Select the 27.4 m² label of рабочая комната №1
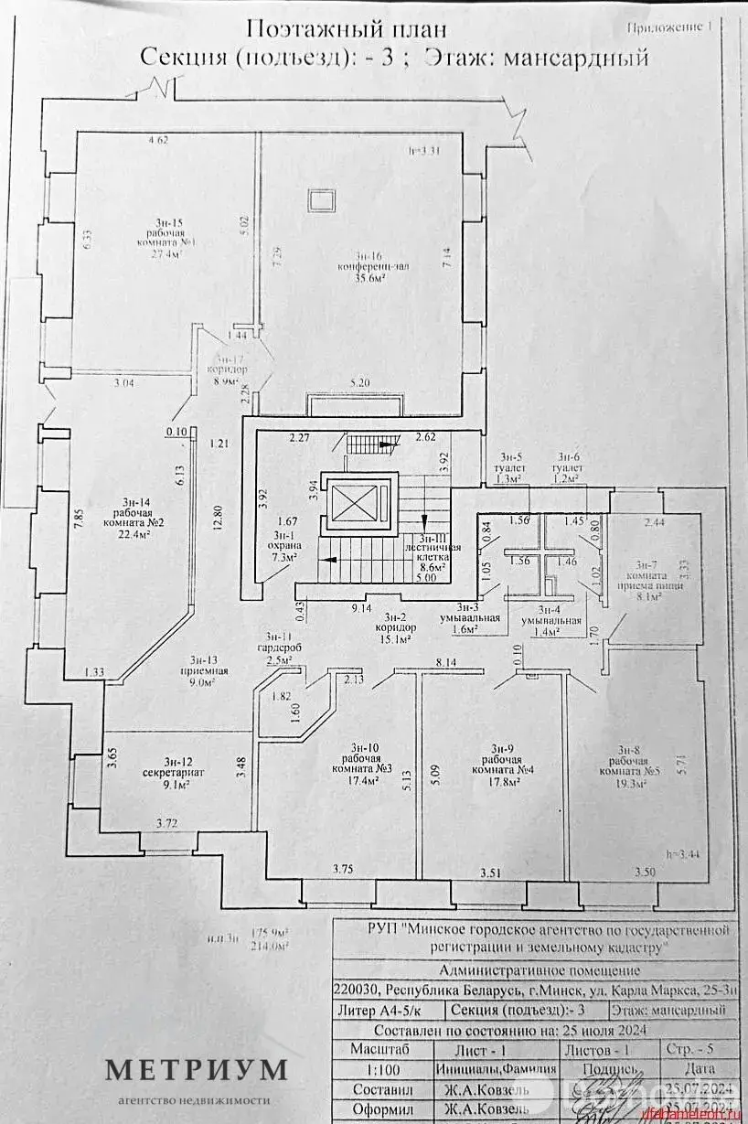click(166, 255)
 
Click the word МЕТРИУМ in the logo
click(196, 1069)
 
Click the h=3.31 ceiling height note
click(424, 152)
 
